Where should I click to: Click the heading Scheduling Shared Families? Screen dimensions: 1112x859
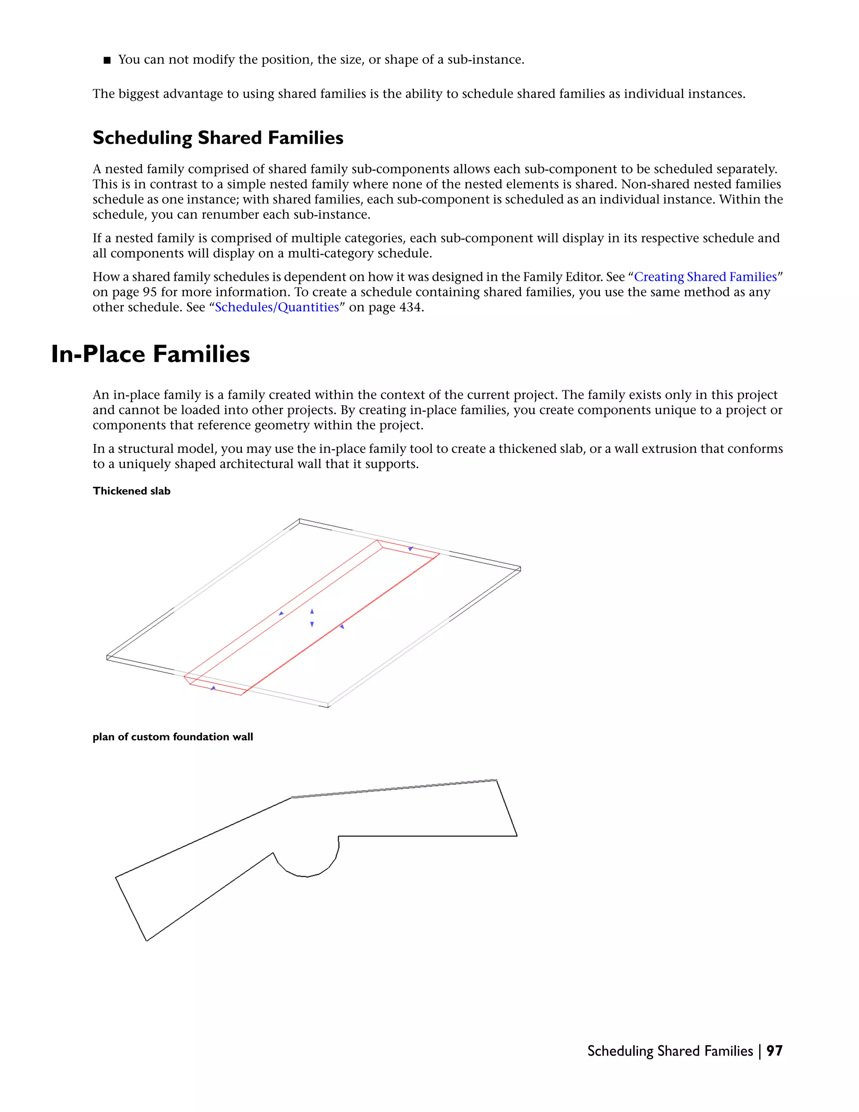tap(218, 138)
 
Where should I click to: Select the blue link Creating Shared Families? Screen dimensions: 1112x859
tap(705, 277)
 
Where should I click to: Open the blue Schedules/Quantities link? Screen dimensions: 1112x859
tap(277, 308)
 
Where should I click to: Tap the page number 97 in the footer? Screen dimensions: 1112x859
tap(774, 1051)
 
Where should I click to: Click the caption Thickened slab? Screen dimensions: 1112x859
tap(131, 491)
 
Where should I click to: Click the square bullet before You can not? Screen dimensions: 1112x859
tap(107, 60)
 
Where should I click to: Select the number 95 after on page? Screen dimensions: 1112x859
tap(149, 292)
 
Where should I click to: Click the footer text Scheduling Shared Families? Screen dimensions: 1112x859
tap(670, 1051)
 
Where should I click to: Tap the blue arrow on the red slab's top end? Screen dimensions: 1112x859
tap(411, 548)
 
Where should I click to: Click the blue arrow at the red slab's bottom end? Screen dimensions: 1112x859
tap(213, 688)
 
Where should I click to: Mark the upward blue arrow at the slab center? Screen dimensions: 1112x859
tap(312, 611)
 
